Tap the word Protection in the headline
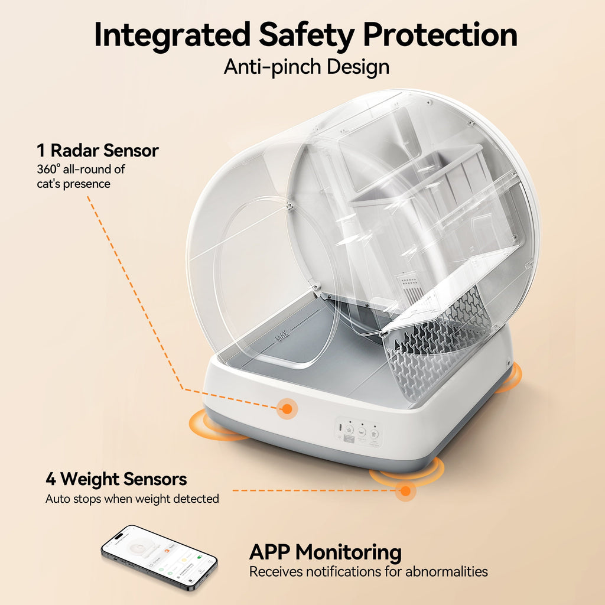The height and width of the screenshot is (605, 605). [x=440, y=35]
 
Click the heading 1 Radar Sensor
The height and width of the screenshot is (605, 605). [x=97, y=151]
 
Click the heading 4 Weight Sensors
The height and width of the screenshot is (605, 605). [x=116, y=479]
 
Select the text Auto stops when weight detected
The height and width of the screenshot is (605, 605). [x=132, y=499]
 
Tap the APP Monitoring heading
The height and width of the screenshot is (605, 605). [x=325, y=552]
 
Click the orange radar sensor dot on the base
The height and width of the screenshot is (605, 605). [x=287, y=408]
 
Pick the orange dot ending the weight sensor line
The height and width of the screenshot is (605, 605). [x=405, y=490]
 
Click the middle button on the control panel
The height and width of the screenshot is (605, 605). [x=362, y=432]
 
